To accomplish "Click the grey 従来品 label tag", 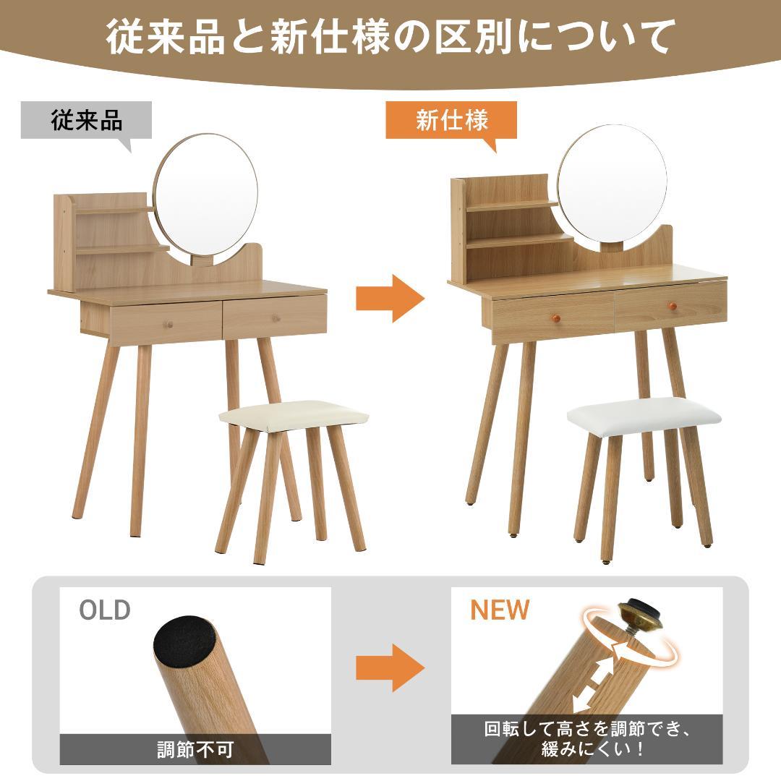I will click(86, 120).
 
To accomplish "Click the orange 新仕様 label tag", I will click(451, 120).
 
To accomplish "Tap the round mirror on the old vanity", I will click(205, 196).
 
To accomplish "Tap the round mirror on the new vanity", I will click(612, 187).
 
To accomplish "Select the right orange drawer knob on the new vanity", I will click(672, 307).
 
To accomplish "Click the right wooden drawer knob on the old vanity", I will click(276, 318).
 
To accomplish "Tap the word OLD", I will click(105, 610).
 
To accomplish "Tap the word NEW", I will click(500, 610).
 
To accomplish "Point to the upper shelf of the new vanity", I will click(513, 205).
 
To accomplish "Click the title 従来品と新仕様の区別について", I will click(390, 36).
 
